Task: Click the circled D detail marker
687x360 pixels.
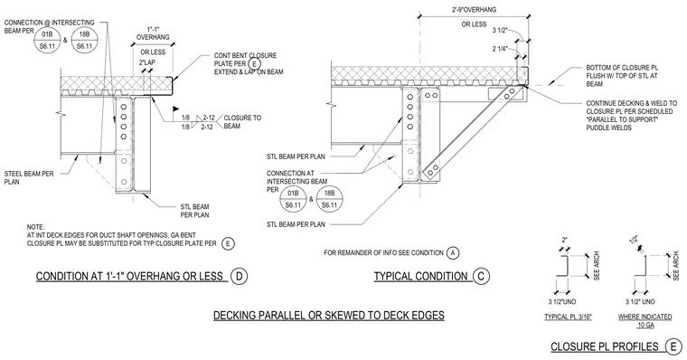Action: pos(240,276)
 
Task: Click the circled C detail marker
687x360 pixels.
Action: pos(481,276)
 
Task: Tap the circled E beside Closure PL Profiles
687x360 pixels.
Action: pos(673,346)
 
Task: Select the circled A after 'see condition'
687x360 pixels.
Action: pos(453,253)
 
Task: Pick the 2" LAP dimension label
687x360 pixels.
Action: pos(146,62)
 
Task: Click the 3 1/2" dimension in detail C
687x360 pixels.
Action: pos(500,30)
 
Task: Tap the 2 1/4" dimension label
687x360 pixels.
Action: pos(500,49)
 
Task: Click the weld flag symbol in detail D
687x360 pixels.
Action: pos(175,109)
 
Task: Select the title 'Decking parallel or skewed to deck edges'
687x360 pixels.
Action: pos(329,316)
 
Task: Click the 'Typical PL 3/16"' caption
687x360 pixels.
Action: pos(568,317)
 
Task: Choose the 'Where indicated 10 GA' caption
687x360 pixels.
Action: pos(645,320)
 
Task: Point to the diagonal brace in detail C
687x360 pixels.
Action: pos(473,131)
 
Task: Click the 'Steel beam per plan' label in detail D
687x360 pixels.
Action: pos(29,177)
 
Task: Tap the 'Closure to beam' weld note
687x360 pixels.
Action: pos(242,122)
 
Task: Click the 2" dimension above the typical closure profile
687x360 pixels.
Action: pos(564,241)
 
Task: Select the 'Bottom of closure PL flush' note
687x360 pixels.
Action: pos(622,76)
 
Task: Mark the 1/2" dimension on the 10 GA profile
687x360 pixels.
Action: pos(634,240)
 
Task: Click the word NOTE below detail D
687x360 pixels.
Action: pos(35,227)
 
